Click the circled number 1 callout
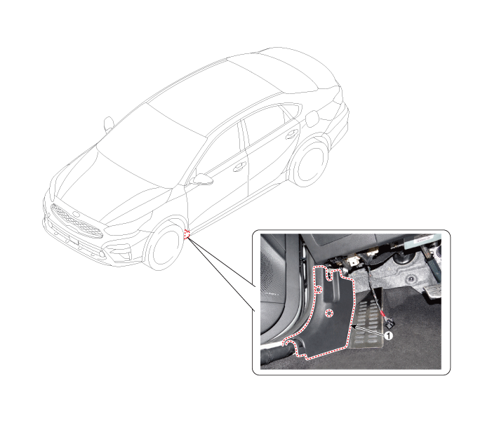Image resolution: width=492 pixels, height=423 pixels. point(388,336)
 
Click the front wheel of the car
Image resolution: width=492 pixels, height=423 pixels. point(164,244)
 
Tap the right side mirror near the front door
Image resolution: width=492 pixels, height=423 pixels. point(202,180)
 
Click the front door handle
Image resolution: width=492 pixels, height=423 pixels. point(239,166)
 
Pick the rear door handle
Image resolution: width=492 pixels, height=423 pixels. point(292,134)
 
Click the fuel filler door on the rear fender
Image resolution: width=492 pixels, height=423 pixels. point(312,119)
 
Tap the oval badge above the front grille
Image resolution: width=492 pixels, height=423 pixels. point(77,215)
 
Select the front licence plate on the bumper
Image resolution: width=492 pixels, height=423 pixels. point(74,241)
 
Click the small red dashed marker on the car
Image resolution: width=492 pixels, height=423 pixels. point(187,234)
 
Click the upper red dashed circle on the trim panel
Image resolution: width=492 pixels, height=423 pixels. point(319,290)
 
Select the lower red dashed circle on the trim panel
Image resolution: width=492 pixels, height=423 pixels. point(329,313)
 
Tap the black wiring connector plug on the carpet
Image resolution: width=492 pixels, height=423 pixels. point(390,323)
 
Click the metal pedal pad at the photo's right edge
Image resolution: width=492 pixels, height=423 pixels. point(433,292)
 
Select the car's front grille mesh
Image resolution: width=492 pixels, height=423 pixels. point(77,222)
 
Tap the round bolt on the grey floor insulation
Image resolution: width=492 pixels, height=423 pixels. point(410,278)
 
